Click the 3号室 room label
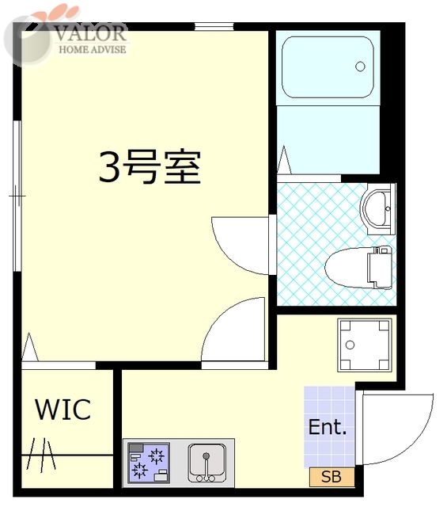(150, 167)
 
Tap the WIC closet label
(63, 410)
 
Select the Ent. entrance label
(328, 427)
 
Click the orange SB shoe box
(331, 477)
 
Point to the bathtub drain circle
(360, 67)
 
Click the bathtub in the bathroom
(328, 67)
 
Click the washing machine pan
(365, 345)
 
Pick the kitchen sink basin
(206, 463)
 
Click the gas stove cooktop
(149, 463)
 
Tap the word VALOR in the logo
(90, 33)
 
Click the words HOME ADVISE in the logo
(92, 49)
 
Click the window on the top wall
(214, 26)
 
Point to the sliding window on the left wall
(17, 196)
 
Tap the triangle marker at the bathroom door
(284, 160)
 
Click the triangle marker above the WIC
(30, 347)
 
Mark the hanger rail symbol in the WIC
(41, 455)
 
